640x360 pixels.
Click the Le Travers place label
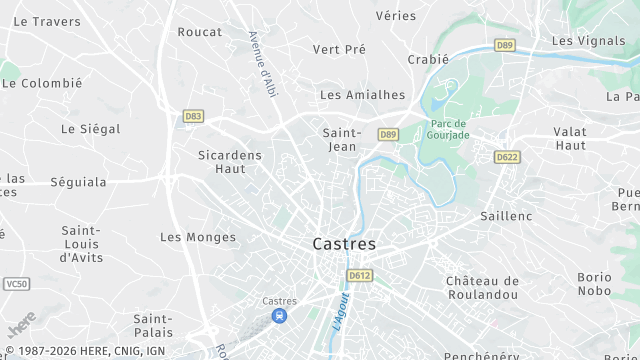tap(47, 21)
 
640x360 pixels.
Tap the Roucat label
tap(199, 32)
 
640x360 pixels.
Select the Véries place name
tap(395, 15)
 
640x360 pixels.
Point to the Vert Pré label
tap(339, 49)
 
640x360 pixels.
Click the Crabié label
tap(428, 59)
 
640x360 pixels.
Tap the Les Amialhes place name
tap(362, 95)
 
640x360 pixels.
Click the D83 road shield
tap(193, 116)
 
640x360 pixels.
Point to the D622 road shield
tap(507, 157)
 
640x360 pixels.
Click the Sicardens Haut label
tap(229, 161)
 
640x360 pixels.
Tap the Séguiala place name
tap(78, 182)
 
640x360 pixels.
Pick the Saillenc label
tap(506, 216)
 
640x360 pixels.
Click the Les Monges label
tap(198, 237)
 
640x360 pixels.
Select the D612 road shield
tap(359, 275)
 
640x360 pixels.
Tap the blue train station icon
tap(279, 317)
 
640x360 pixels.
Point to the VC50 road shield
tap(16, 284)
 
